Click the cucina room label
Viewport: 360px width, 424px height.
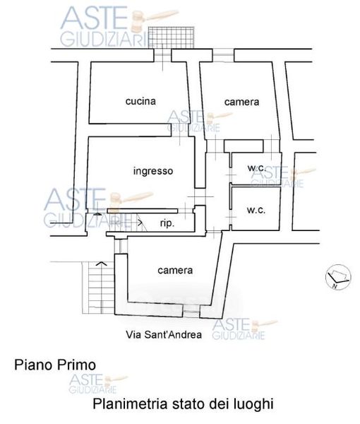tap(140, 101)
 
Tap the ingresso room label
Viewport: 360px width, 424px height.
tap(153, 171)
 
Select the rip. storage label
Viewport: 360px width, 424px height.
tap(167, 223)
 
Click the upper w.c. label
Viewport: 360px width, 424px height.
tap(256, 168)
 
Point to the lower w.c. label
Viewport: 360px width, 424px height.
tap(256, 210)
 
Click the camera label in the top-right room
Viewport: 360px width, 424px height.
tap(241, 102)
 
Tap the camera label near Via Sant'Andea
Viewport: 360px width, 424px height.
tap(175, 271)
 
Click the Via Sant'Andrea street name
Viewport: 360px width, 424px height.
tap(164, 335)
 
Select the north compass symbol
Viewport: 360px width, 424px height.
tap(338, 277)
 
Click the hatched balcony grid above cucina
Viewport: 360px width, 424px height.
tap(172, 37)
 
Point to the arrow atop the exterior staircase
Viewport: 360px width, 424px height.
tap(101, 263)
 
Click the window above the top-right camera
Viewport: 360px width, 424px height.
tap(223, 55)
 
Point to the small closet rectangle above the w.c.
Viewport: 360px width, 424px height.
tap(244, 146)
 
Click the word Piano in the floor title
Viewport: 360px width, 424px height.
tap(33, 365)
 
